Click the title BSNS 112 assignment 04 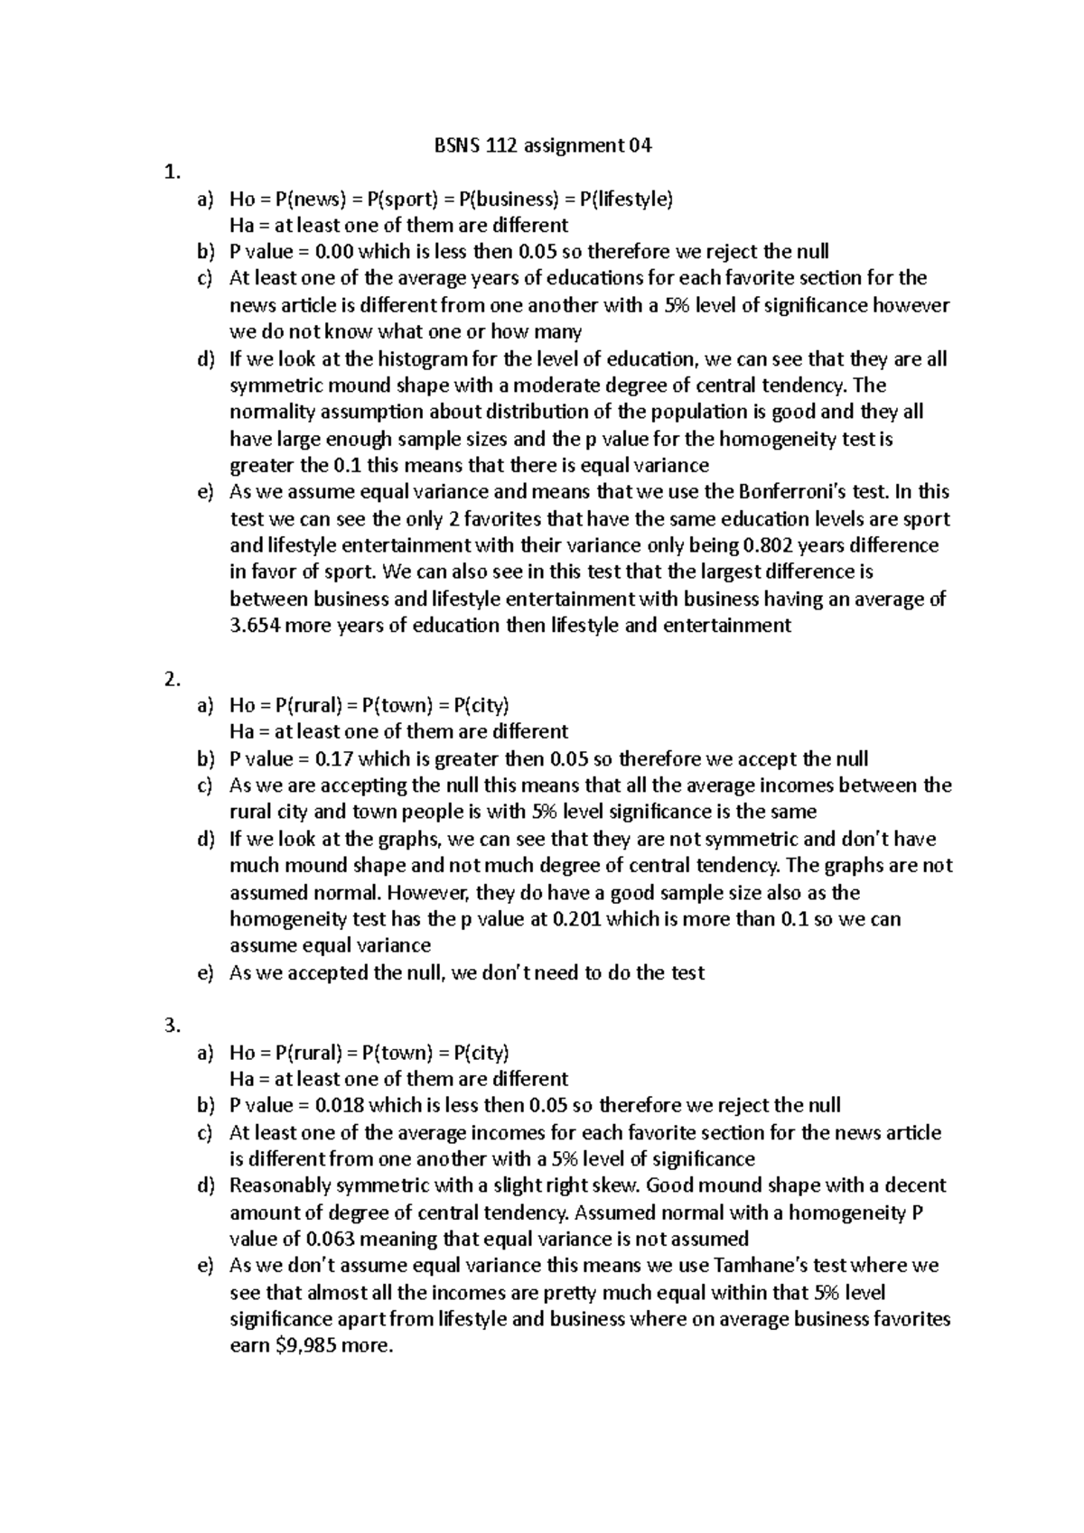pos(538,145)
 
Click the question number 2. pos(173,680)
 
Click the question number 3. pos(173,1026)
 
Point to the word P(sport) pos(396,199)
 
